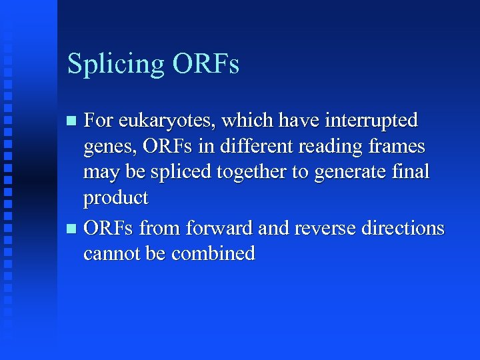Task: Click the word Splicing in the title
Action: click(x=116, y=65)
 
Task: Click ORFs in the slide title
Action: click(x=206, y=63)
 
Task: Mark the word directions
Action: click(x=403, y=227)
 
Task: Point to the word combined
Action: click(x=213, y=253)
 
